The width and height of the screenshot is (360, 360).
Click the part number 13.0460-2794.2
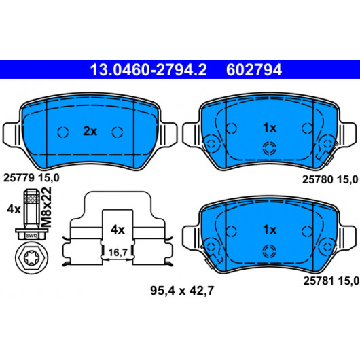[148, 70]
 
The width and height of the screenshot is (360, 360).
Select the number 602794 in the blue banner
[254, 70]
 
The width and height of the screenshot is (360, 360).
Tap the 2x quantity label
[90, 132]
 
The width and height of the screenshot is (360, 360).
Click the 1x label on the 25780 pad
[270, 128]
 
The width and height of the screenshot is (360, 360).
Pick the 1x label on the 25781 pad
[270, 230]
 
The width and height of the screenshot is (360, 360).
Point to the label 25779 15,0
[31, 178]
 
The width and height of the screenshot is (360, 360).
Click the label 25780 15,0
[330, 179]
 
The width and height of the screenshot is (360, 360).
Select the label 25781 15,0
[331, 281]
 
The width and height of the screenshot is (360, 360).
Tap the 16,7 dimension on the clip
[118, 253]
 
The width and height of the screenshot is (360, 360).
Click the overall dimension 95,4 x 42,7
[182, 291]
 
